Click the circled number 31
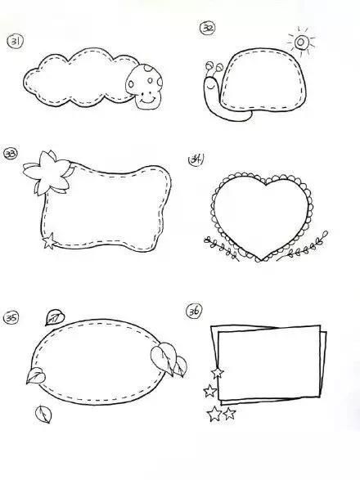[x=15, y=42]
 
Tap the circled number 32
[x=208, y=28]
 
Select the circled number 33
[x=11, y=154]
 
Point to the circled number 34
[x=196, y=159]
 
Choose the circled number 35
[x=11, y=318]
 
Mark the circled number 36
[x=194, y=311]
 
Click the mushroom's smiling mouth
[x=147, y=100]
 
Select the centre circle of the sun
[x=300, y=42]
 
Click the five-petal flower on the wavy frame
[x=47, y=173]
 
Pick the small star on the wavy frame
[x=49, y=240]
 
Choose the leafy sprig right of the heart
[x=304, y=247]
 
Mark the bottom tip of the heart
[x=259, y=260]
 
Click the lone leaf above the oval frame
[x=55, y=317]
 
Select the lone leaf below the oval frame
[x=43, y=415]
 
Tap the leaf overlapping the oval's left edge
[x=36, y=375]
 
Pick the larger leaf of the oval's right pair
[x=164, y=357]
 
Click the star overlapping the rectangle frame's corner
[x=218, y=373]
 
